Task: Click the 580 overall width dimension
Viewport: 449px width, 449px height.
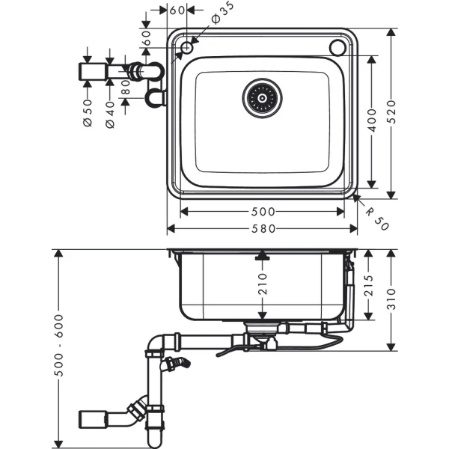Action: pyautogui.click(x=262, y=228)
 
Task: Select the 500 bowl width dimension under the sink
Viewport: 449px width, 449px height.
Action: pyautogui.click(x=262, y=211)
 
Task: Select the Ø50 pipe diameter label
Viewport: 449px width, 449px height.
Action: pyautogui.click(x=88, y=112)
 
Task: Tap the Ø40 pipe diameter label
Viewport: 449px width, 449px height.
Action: pyautogui.click(x=109, y=112)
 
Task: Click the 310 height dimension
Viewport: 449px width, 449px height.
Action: pyautogui.click(x=391, y=299)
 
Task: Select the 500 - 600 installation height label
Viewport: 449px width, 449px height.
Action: pyautogui.click(x=59, y=344)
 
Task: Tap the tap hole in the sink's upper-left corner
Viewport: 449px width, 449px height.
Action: pyautogui.click(x=186, y=47)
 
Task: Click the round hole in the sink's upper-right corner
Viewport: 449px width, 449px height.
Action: pyautogui.click(x=337, y=47)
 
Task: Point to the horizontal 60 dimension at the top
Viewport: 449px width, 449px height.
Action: pyautogui.click(x=177, y=10)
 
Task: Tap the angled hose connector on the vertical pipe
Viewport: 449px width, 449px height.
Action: pyautogui.click(x=178, y=365)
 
